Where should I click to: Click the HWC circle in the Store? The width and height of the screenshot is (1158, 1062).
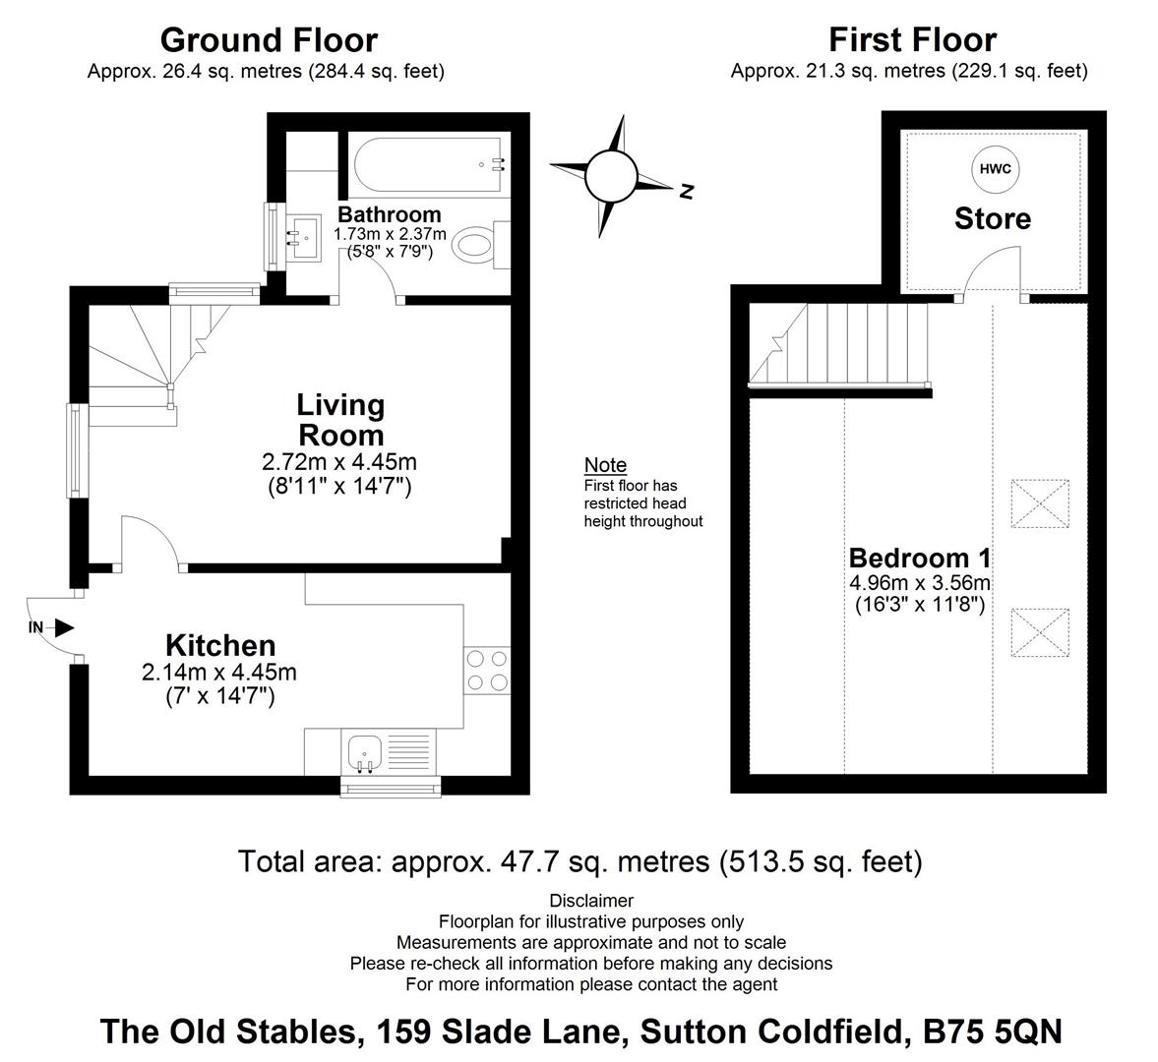995,169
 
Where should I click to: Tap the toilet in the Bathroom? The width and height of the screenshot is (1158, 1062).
481,245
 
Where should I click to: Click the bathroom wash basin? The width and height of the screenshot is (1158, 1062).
303,238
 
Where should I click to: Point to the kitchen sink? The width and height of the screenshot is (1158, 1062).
364,753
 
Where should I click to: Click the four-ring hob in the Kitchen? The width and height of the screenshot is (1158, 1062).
487,670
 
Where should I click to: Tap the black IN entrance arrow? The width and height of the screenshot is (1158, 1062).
65,628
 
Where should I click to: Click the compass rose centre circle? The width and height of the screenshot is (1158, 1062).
611,176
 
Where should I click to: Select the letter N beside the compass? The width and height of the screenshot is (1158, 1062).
687,192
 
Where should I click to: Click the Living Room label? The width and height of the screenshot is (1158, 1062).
340,420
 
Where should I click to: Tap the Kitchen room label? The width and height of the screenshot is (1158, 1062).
220,646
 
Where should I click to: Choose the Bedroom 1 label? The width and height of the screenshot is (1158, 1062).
920,558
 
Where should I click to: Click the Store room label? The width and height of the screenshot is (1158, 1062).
993,218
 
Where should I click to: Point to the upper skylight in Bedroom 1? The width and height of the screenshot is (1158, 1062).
1040,503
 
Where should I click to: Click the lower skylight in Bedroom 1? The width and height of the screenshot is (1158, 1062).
1040,632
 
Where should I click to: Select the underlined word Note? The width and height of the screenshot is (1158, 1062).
606,465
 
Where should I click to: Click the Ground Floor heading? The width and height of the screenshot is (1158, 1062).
269,40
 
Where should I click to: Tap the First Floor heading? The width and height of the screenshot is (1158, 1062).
913,39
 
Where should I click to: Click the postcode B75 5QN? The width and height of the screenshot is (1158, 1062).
993,1032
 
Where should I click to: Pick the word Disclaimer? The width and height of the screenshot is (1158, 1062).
591,901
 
